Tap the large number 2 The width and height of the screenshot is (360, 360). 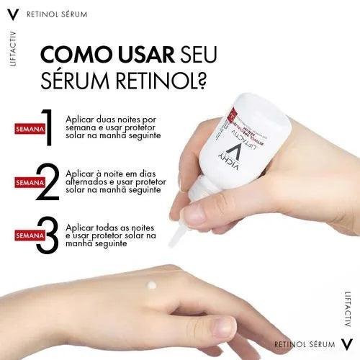(x=48, y=183)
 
